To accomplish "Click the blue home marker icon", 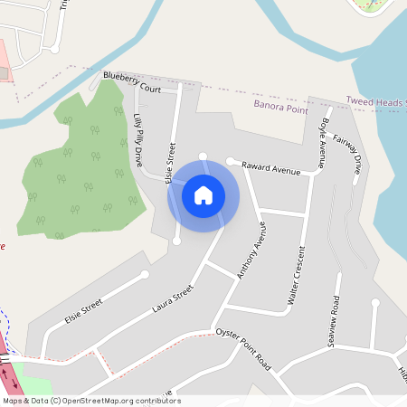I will pos(203,194).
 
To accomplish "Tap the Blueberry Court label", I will pos(131,82).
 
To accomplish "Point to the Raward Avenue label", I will pos(270,168).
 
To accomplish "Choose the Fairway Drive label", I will pos(348,153).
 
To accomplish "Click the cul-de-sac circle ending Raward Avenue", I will pos(231,161).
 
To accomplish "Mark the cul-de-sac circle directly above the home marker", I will pos(203,156).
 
